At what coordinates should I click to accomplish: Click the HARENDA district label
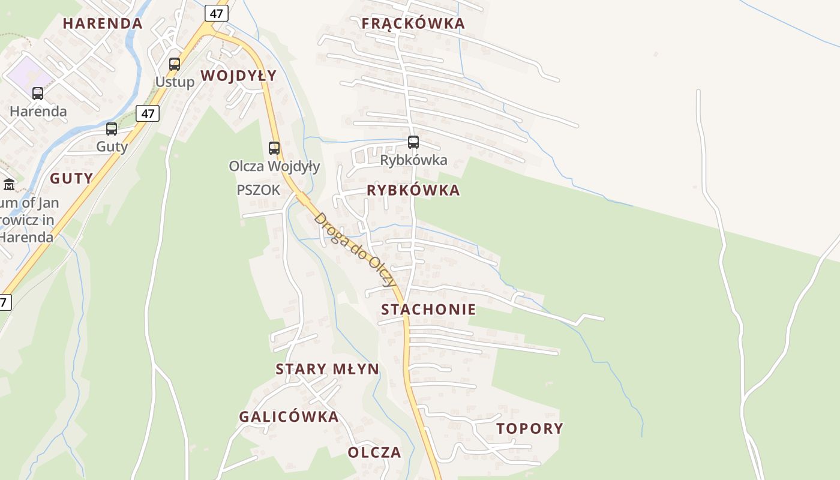click(x=103, y=23)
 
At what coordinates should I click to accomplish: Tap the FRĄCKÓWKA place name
click(x=413, y=23)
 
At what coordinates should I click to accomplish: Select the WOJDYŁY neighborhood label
click(x=238, y=76)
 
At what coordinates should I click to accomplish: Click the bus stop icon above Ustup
click(x=175, y=64)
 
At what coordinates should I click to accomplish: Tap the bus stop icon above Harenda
click(x=38, y=94)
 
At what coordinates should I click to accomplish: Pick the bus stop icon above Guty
click(x=112, y=129)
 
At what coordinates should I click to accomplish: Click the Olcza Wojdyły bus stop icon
click(x=274, y=148)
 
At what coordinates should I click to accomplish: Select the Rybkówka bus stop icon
click(x=413, y=142)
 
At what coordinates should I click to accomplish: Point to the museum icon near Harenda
click(x=9, y=184)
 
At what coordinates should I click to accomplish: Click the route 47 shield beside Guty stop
click(x=148, y=113)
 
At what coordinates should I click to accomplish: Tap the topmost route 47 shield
click(x=217, y=13)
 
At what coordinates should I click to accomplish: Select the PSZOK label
click(x=259, y=190)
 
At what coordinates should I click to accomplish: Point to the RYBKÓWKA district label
click(x=413, y=190)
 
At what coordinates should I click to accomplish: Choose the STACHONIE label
click(x=428, y=310)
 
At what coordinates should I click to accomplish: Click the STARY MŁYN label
click(x=328, y=369)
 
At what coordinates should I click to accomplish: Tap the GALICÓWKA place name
click(x=289, y=416)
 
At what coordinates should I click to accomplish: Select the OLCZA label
click(x=374, y=452)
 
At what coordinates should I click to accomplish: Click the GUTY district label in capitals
click(x=71, y=178)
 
